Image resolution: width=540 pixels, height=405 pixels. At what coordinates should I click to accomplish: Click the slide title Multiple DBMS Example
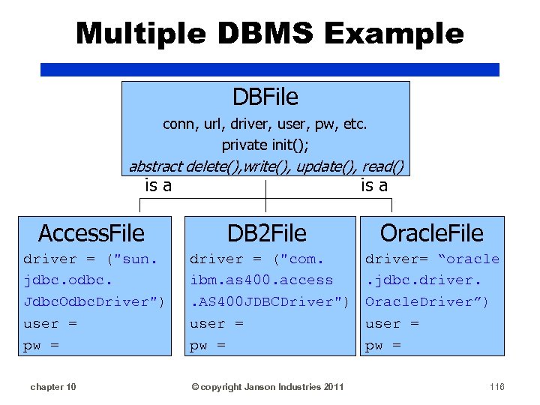(270, 34)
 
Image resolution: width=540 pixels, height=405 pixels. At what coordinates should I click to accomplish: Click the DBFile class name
(265, 97)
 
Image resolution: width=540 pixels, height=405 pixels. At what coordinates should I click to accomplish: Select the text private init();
(265, 144)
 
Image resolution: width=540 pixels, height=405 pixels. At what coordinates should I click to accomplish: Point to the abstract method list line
(266, 166)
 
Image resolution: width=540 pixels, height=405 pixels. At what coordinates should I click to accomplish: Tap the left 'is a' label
(157, 185)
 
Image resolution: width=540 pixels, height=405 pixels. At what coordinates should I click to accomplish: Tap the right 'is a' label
(374, 185)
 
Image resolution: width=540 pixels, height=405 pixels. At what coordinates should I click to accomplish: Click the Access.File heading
(91, 233)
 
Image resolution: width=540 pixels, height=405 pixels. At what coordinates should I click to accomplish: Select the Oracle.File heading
(431, 233)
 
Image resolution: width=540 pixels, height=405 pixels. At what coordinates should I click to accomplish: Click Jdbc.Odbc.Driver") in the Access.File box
(94, 301)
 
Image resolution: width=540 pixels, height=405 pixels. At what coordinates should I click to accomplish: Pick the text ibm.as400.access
(261, 280)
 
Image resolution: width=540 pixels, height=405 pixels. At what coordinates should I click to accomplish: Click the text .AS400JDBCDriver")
(269, 301)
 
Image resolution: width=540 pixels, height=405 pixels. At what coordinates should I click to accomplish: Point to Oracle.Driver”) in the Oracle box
(427, 301)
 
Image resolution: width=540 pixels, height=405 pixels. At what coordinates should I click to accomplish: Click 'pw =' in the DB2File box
(208, 345)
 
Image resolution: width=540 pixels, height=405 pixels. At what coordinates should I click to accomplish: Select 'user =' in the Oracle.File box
(391, 323)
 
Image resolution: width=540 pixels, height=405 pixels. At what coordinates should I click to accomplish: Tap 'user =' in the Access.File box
(50, 323)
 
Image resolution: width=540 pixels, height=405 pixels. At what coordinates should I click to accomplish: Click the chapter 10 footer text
(52, 386)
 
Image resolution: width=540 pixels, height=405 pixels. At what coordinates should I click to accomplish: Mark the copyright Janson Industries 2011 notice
(268, 386)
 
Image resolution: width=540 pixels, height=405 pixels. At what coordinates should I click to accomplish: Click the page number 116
(496, 386)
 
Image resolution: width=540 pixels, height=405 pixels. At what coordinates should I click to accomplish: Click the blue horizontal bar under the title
(270, 70)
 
